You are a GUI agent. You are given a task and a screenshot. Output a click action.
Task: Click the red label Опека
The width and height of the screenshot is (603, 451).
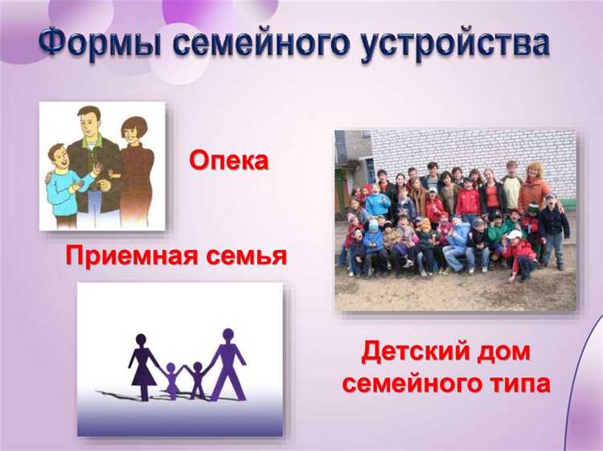point(228,161)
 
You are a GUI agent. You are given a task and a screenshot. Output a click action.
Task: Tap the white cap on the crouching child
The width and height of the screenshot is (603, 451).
point(515,235)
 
